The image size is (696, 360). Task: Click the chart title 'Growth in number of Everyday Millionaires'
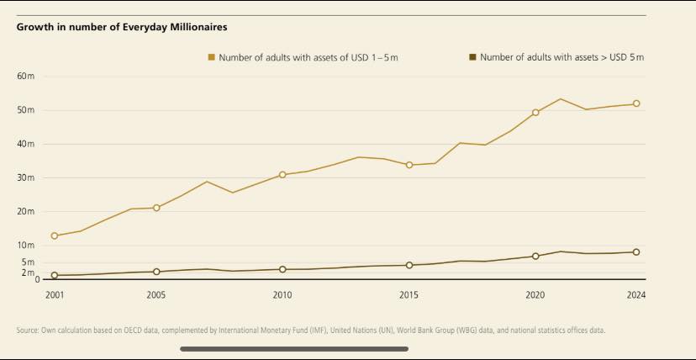tap(122, 27)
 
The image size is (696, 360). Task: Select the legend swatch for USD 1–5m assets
tap(212, 57)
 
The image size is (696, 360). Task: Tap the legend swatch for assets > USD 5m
tap(472, 57)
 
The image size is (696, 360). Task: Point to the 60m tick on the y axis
tap(25, 76)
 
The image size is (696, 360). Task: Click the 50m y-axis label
tap(25, 110)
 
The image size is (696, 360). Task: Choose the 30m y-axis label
tap(25, 177)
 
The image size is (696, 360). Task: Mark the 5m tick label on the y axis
tap(27, 262)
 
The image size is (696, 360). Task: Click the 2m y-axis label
tap(27, 273)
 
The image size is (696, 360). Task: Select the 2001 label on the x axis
tap(55, 295)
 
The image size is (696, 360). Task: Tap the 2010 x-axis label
tap(282, 295)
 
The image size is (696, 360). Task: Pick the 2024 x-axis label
tap(636, 295)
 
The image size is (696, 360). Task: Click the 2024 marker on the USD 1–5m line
tap(636, 103)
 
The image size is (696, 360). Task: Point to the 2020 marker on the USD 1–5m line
tap(535, 112)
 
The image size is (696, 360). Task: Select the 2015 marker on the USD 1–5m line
tap(409, 165)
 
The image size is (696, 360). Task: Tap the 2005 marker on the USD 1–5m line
tap(156, 208)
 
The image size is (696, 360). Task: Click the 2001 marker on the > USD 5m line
tap(55, 275)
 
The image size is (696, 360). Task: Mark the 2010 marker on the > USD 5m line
tap(282, 269)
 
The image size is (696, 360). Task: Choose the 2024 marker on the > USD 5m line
tap(636, 252)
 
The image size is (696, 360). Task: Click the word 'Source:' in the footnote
tap(28, 331)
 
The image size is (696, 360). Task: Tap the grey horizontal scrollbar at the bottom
tap(294, 348)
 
